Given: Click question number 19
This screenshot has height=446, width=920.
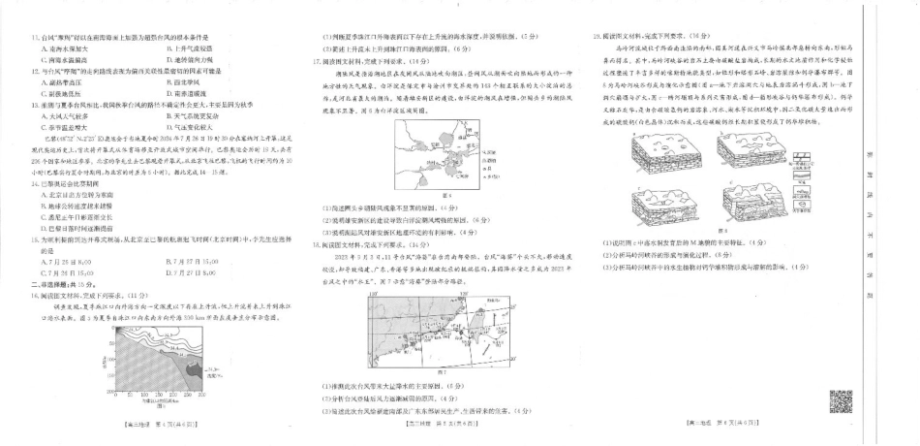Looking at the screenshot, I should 597,36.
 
